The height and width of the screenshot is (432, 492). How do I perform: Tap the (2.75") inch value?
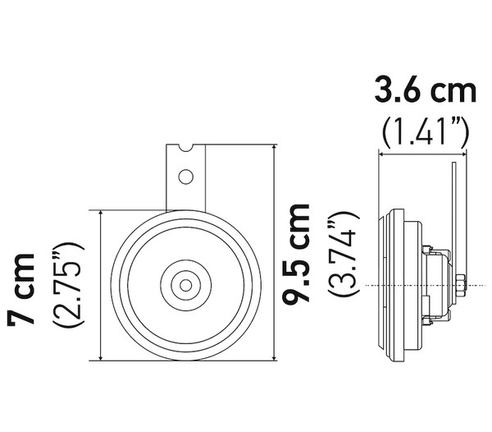point(68,285)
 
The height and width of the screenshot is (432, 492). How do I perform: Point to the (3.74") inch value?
point(343,254)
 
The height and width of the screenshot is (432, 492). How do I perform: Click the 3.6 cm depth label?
point(426,90)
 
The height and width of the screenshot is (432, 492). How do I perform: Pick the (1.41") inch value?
point(426,131)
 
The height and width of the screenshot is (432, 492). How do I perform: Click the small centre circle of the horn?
point(186,285)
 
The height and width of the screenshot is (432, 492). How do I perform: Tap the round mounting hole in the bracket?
point(186,177)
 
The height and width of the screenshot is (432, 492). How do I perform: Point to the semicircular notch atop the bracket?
point(186,147)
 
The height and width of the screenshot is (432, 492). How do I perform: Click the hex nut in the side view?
point(460,285)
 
